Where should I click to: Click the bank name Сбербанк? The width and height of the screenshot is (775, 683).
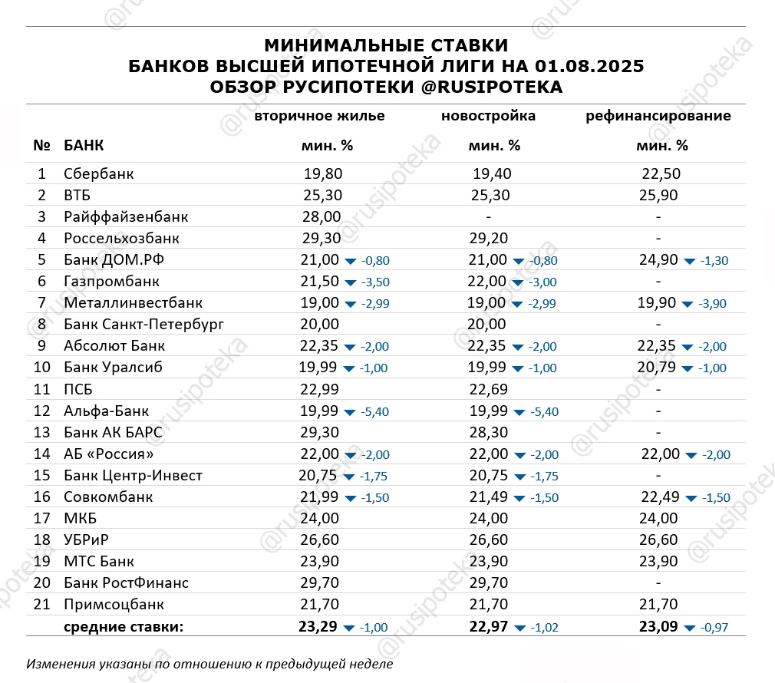coord(98,174)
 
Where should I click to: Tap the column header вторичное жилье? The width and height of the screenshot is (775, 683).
coord(319,117)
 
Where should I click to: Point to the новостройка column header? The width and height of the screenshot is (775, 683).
coord(488,117)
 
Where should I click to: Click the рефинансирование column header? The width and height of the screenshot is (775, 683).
coord(658,117)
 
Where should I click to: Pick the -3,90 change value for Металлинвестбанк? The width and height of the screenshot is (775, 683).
coord(711,304)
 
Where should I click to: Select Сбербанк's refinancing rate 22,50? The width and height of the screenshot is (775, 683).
coord(661,174)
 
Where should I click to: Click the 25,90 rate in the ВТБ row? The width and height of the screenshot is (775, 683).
coord(658,196)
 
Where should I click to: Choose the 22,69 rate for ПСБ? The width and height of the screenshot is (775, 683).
coord(488,389)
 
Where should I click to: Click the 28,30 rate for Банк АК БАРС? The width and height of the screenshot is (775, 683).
coord(488,432)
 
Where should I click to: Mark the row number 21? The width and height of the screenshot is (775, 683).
coord(41,605)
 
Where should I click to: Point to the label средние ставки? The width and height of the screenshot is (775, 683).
coord(124,627)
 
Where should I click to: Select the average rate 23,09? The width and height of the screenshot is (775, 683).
coord(658,627)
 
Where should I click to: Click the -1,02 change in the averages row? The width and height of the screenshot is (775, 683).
coord(543,628)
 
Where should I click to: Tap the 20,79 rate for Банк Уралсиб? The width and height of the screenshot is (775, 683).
coord(658,368)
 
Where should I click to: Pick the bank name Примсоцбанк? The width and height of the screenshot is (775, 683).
coord(114,605)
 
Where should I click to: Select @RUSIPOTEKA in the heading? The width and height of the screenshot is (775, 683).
coord(491,87)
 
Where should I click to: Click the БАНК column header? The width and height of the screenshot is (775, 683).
coord(84,145)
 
